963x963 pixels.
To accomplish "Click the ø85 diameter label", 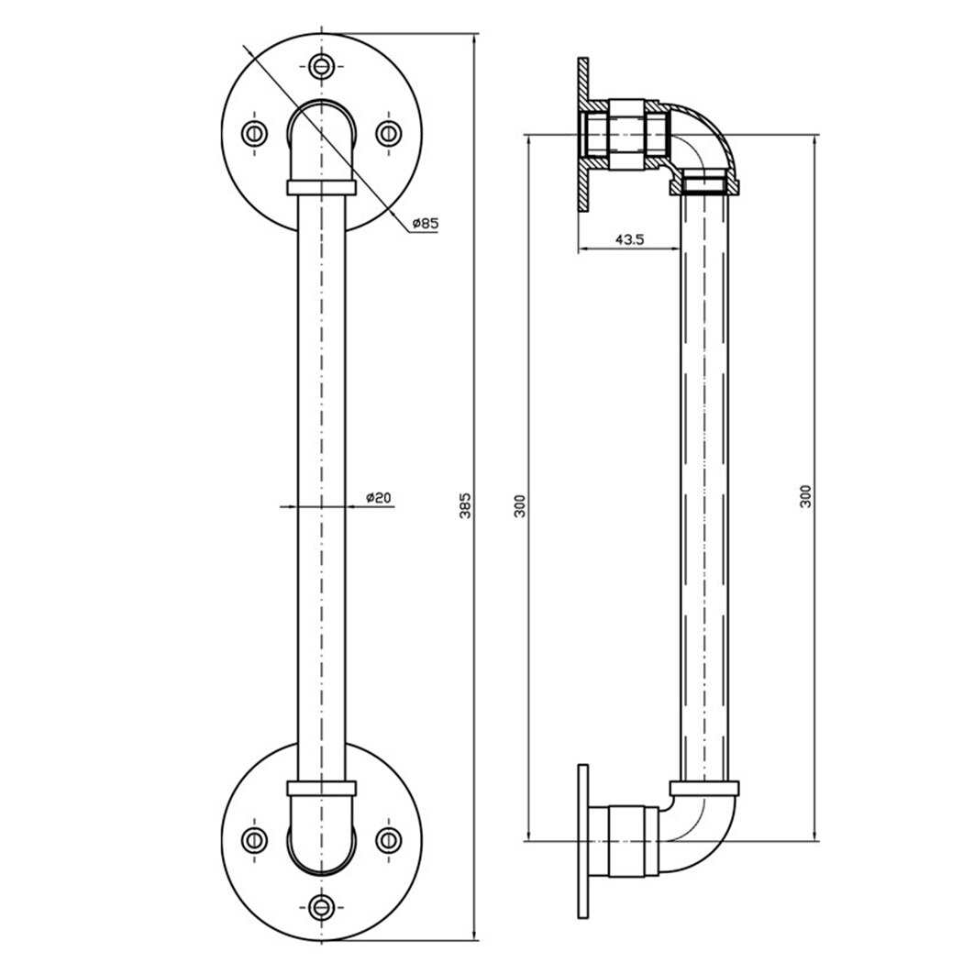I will [425, 223].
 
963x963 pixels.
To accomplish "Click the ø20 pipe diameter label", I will [379, 497].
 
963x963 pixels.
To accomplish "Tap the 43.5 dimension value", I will [629, 239].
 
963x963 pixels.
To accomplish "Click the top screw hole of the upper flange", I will [321, 65].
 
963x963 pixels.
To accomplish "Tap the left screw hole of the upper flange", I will [254, 133].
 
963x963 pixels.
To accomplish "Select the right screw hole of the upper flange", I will [389, 133].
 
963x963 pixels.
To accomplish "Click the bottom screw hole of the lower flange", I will [321, 906].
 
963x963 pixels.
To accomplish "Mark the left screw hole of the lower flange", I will [254, 838].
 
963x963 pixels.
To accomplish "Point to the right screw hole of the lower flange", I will [389, 838].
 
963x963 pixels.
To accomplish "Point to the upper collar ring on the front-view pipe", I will [321, 187].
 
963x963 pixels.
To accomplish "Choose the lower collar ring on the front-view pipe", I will [321, 788].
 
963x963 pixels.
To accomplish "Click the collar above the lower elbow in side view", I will [704, 788].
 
